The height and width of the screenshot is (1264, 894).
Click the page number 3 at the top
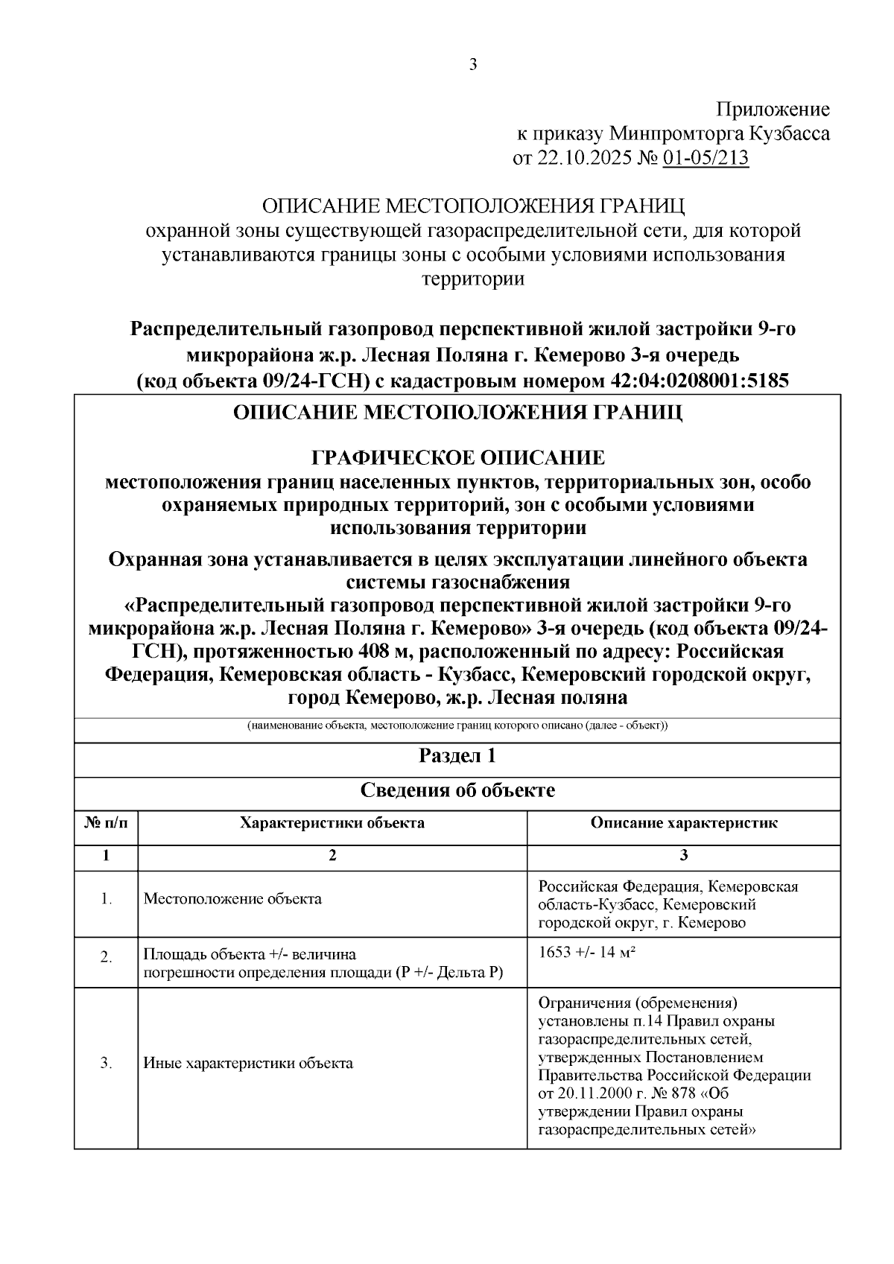(473, 65)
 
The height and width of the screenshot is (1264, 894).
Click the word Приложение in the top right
(773, 110)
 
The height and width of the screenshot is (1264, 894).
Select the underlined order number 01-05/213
(705, 159)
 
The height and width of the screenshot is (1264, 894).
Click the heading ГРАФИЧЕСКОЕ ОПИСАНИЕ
(457, 457)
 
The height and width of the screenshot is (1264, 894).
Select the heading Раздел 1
(457, 757)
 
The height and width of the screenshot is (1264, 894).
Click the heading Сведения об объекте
(457, 790)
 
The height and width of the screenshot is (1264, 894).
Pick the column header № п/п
(106, 823)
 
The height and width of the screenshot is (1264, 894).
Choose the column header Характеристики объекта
(332, 823)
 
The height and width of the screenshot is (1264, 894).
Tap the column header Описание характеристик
(684, 823)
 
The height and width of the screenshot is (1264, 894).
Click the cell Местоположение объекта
(232, 899)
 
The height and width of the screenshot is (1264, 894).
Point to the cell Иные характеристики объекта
(248, 1064)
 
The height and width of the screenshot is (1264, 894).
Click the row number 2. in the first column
(106, 957)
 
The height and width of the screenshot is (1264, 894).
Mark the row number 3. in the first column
(106, 1064)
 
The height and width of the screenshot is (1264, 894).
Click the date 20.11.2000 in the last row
(593, 1094)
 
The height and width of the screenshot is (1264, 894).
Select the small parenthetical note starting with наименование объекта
(457, 726)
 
